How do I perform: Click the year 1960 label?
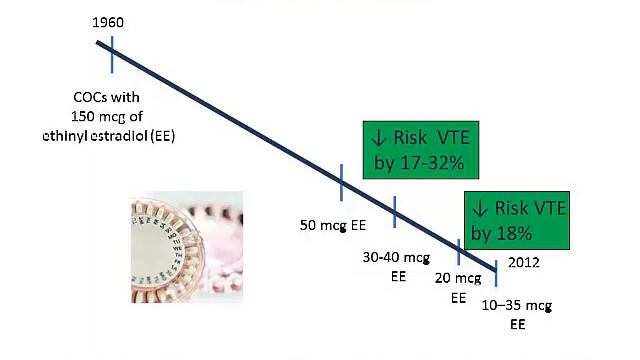tap(109, 22)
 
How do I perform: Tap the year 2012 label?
tap(526, 263)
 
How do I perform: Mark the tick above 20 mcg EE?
tap(459, 250)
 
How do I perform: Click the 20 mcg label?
tap(459, 279)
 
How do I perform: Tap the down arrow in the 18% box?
tap(480, 209)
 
